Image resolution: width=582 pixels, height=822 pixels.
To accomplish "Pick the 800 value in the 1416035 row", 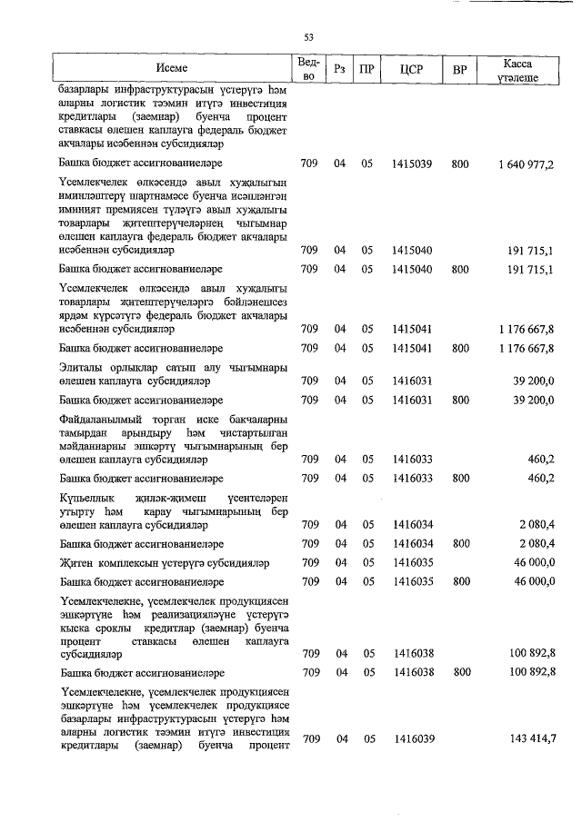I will click(x=460, y=580).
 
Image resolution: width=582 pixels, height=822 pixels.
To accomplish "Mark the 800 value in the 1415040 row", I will click(x=460, y=269).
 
